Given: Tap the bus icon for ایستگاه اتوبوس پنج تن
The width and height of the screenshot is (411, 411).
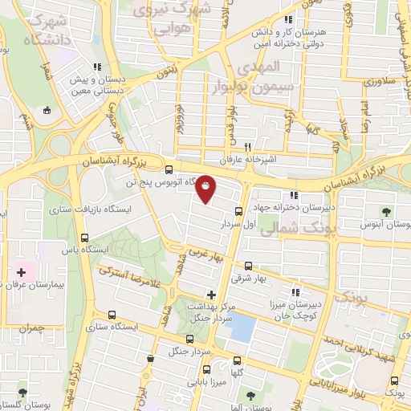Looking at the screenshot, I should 168,169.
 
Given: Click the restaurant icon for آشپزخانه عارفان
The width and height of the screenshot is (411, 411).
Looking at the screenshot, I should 248,147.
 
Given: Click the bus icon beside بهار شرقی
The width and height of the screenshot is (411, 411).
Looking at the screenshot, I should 248,265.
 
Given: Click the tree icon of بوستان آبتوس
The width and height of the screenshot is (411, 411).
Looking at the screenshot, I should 387,213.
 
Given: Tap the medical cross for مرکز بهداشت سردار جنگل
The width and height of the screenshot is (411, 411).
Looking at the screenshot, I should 211,295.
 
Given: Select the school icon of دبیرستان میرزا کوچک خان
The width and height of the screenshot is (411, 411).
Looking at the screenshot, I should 295,292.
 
